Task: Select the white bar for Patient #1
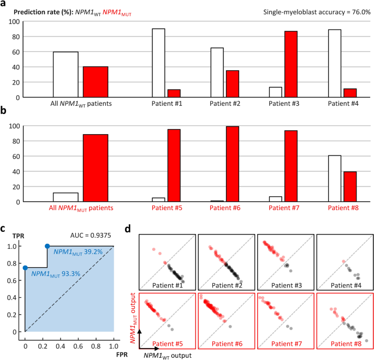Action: click(x=158, y=63)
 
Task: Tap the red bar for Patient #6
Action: click(x=233, y=164)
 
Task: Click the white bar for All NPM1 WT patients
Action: click(x=66, y=75)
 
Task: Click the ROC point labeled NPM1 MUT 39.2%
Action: click(x=48, y=246)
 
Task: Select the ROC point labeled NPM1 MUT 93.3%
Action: click(x=25, y=267)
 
